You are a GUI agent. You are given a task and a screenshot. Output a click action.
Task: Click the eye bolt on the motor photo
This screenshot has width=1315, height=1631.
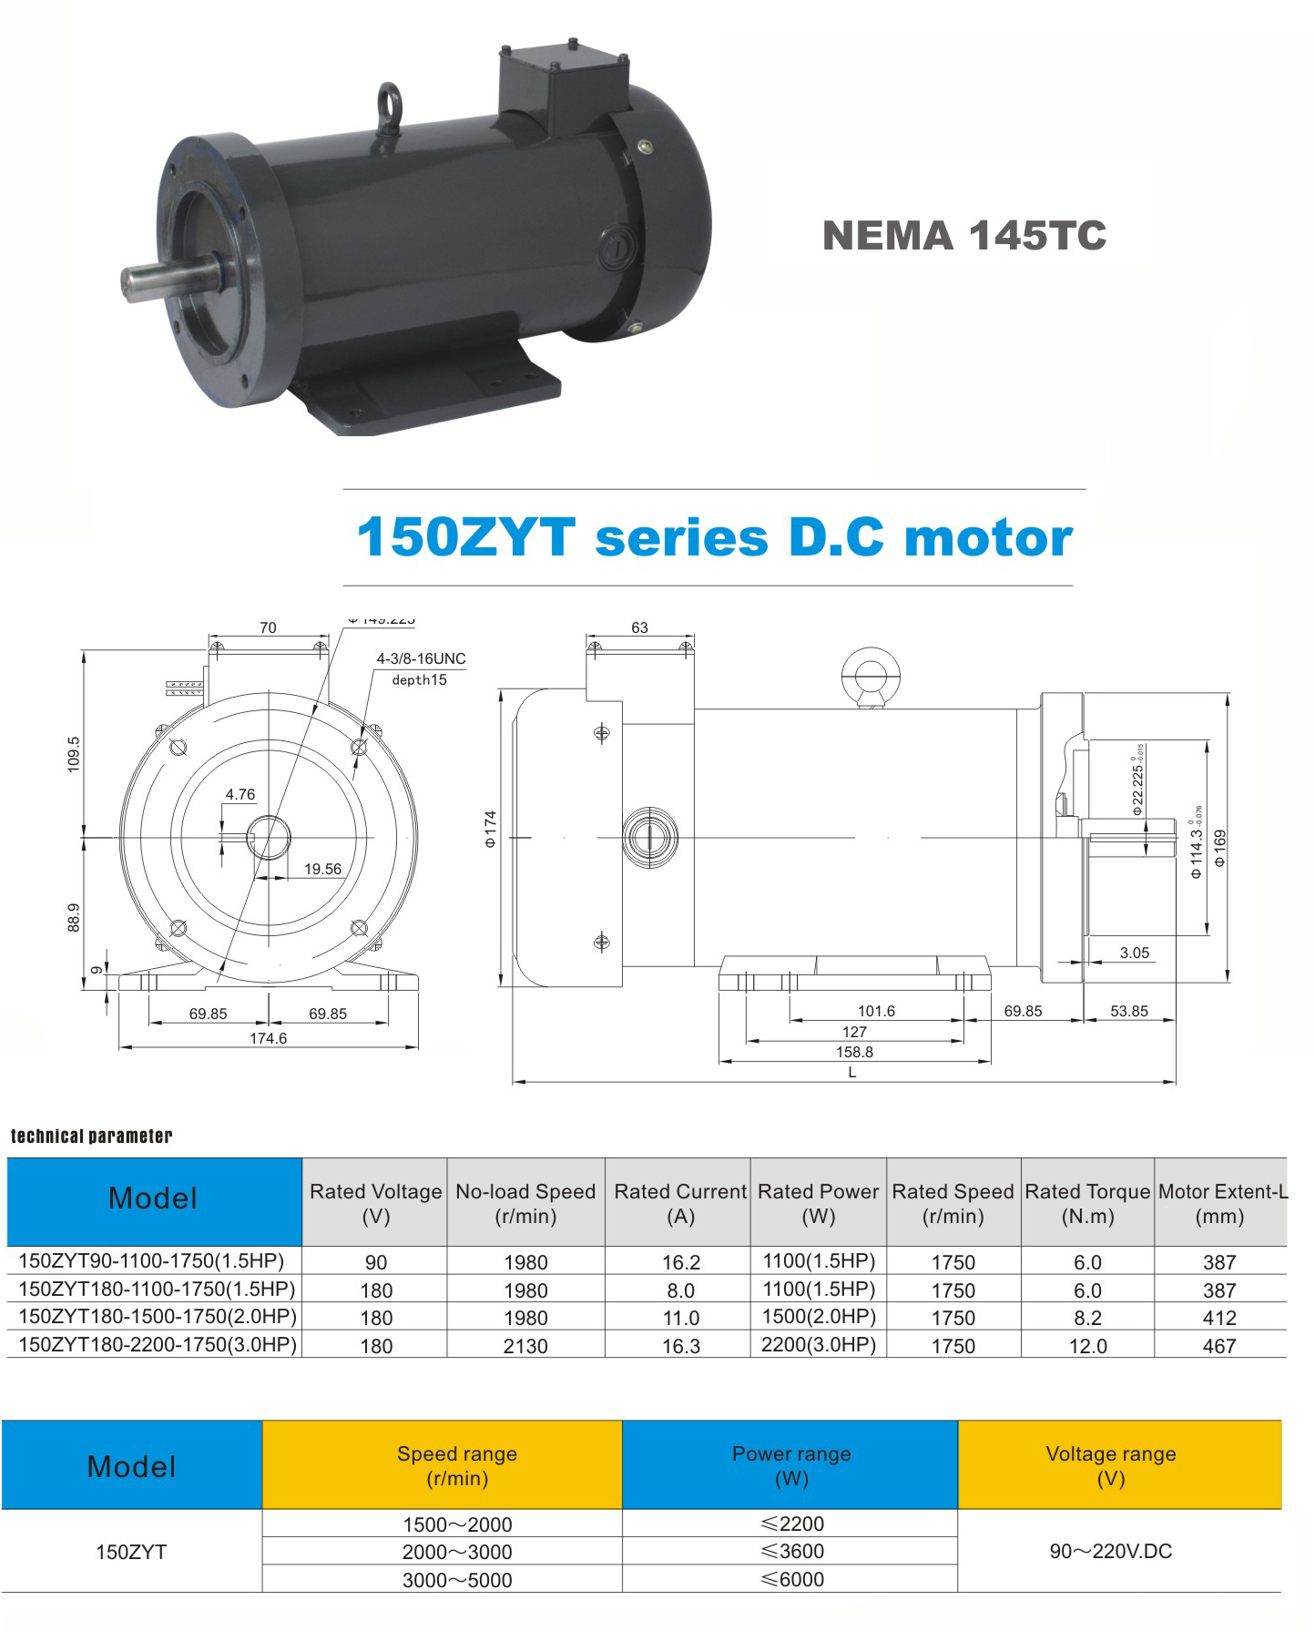(x=389, y=108)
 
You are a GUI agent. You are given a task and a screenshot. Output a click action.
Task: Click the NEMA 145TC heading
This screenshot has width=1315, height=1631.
(x=964, y=235)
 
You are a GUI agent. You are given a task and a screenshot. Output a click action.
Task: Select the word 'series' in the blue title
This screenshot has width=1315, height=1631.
(x=682, y=537)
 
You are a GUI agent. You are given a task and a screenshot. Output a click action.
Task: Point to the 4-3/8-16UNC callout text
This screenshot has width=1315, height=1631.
(x=421, y=658)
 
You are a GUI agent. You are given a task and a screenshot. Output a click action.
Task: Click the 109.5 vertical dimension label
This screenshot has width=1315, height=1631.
(x=74, y=754)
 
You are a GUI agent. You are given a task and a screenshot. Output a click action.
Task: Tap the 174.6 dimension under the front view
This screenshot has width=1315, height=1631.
(x=268, y=1038)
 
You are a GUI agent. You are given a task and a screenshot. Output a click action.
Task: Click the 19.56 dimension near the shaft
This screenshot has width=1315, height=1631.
(x=323, y=869)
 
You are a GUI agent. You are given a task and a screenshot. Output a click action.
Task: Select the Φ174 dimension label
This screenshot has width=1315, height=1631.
(x=490, y=829)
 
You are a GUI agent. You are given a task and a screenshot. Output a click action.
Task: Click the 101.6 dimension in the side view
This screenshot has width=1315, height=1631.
(x=876, y=1011)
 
